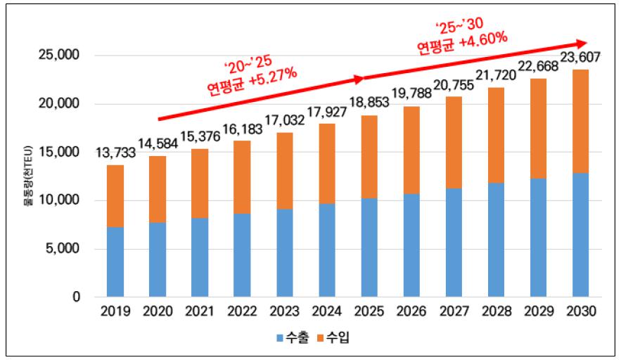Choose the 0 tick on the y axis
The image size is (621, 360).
(x=75, y=297)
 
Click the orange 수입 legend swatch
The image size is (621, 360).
(x=316, y=339)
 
